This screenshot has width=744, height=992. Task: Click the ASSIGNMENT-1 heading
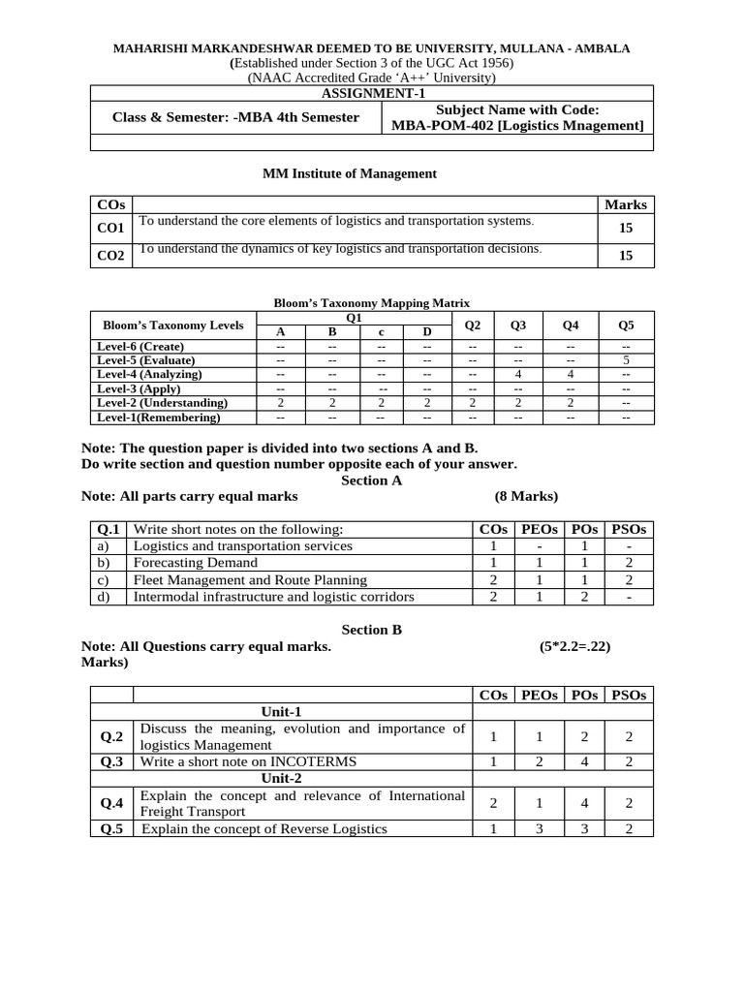click(372, 93)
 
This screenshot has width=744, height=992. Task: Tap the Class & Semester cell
click(235, 118)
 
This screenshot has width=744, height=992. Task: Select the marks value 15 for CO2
click(625, 256)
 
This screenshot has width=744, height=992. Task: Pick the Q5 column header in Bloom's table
click(626, 325)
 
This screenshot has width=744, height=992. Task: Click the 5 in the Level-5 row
click(626, 360)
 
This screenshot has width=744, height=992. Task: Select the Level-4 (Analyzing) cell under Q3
click(518, 374)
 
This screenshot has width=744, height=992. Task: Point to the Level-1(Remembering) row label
click(159, 418)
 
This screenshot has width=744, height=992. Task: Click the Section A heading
click(371, 480)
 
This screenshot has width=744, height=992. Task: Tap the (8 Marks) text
click(526, 497)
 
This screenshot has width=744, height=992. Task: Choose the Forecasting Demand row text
click(196, 563)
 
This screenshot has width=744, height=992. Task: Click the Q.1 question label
click(108, 530)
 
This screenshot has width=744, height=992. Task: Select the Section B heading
click(371, 630)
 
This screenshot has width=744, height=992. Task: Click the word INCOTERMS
click(309, 761)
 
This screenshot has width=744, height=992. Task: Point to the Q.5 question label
click(111, 828)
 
